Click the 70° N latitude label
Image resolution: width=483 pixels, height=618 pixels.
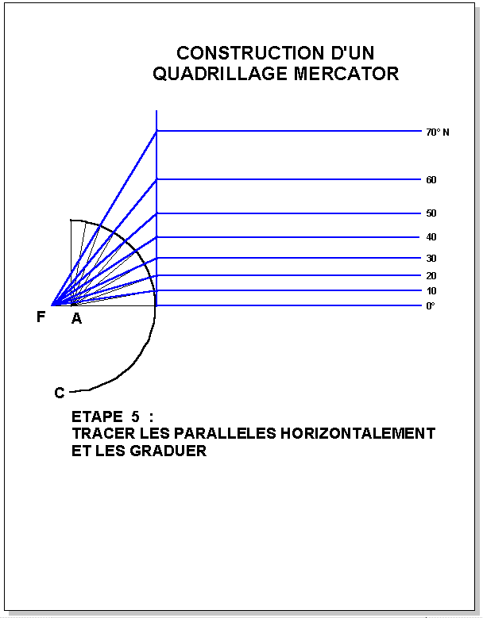(438, 132)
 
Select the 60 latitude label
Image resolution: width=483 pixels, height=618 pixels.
(431, 180)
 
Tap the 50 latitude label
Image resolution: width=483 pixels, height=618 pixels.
(431, 213)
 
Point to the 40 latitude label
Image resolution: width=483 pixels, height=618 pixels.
(431, 237)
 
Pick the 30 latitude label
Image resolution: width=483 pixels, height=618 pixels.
(431, 258)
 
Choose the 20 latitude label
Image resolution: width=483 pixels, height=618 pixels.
(431, 276)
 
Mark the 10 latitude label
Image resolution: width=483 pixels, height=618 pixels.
(431, 291)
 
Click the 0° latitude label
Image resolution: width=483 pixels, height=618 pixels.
(431, 306)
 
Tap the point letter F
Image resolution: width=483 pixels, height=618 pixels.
(41, 317)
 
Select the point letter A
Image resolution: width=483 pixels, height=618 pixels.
(76, 318)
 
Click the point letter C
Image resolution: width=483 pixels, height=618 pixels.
(60, 393)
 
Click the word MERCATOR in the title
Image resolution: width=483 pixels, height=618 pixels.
(346, 74)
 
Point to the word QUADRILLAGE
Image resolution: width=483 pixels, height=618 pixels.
(221, 74)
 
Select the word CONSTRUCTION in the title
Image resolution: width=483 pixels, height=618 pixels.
(249, 53)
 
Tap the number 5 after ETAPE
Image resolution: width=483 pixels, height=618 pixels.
(135, 416)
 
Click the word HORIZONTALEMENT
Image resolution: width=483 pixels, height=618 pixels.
(358, 433)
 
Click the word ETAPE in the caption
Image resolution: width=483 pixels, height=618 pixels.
(97, 416)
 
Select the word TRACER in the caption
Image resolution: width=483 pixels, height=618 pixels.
(103, 433)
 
